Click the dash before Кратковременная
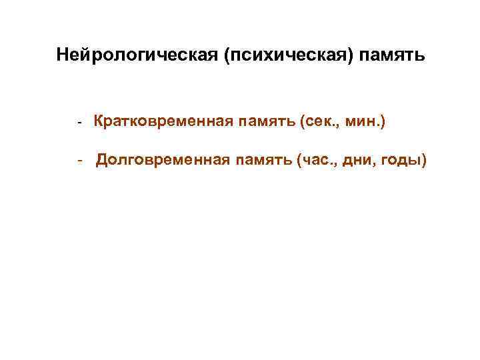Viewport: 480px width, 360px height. tap(79, 123)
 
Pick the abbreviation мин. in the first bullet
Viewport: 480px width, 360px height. tap(363, 122)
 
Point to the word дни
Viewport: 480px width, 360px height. tap(359, 160)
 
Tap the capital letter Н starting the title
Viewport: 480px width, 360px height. tap(62, 53)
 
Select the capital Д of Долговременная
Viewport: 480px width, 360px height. tap(101, 160)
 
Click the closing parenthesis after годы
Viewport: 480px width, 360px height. tap(423, 160)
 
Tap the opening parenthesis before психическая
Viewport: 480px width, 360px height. tap(229, 53)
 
